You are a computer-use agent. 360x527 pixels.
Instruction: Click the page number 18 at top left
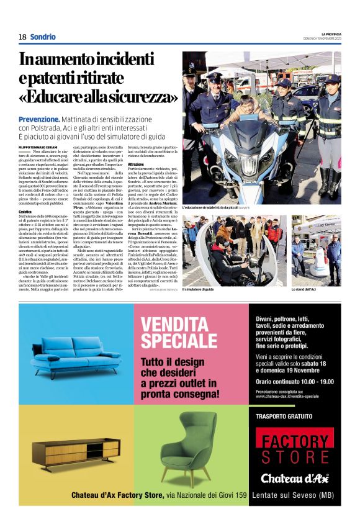coord(22,37)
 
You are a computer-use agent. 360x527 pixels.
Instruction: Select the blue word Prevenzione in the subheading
coord(39,119)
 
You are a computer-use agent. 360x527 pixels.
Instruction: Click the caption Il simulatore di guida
coord(199,289)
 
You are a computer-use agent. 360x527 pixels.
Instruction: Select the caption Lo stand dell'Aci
coord(305,289)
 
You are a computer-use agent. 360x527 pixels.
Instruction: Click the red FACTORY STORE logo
coord(294,450)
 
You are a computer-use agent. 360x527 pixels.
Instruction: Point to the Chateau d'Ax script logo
coord(294,477)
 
